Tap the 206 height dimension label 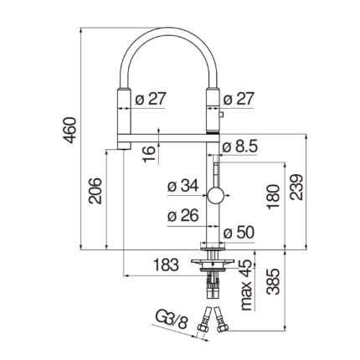tap(95, 191)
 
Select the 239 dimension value tap(296, 188)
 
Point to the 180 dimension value tap(273, 197)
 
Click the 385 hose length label tap(273, 282)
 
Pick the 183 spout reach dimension tap(166, 265)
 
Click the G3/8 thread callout tap(171, 321)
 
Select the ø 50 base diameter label tap(239, 233)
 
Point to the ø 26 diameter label tap(183, 215)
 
